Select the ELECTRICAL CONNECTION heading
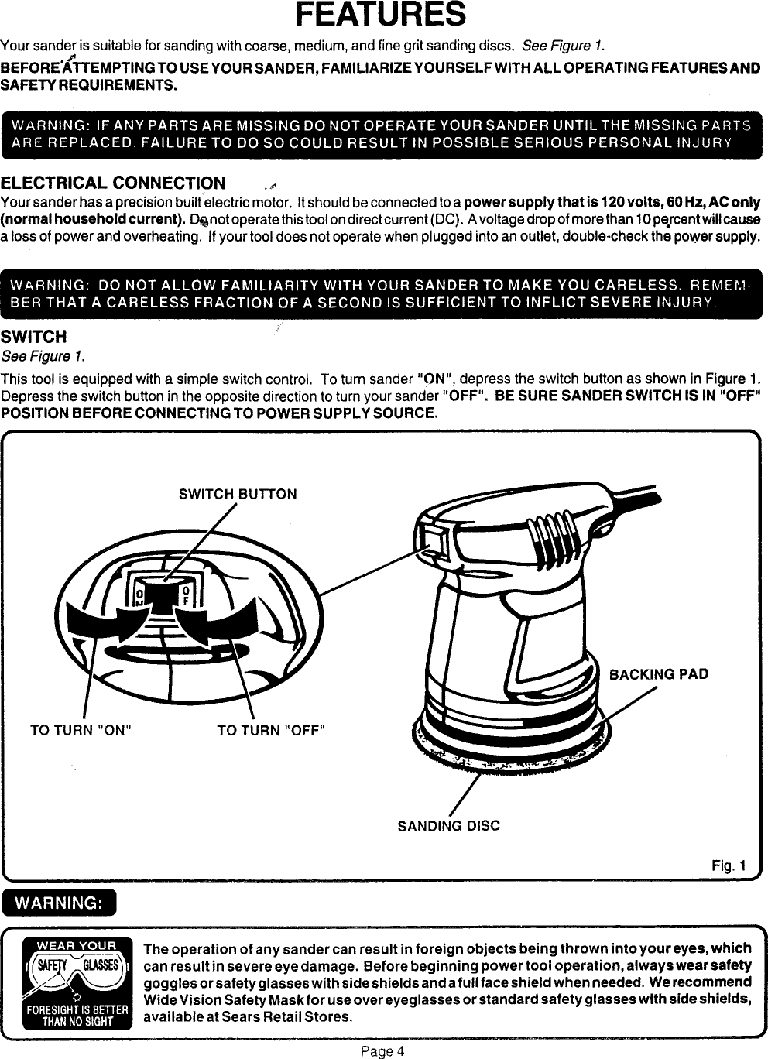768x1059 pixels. click(113, 183)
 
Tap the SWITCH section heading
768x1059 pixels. click(33, 337)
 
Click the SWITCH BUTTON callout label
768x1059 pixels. click(238, 494)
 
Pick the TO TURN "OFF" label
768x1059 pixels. click(271, 730)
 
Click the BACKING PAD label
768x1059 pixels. click(659, 673)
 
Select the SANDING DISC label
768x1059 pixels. click(448, 826)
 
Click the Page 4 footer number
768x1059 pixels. click(382, 1051)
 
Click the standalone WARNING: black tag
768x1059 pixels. click(60, 903)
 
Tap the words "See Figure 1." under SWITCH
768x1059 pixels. click(43, 356)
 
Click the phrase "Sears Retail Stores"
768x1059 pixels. click(300, 1016)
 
